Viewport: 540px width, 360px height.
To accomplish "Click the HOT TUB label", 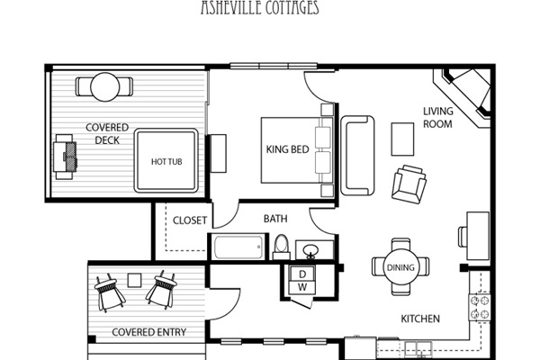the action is tap(166, 162).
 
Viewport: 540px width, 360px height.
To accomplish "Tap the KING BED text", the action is tap(288, 149).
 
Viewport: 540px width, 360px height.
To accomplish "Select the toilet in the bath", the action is tap(282, 247).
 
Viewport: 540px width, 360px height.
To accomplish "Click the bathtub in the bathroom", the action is tap(238, 247).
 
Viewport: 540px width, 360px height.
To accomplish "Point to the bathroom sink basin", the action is tap(311, 249).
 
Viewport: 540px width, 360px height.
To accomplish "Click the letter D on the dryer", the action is tap(302, 274).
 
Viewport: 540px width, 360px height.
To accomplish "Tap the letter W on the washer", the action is tap(302, 287).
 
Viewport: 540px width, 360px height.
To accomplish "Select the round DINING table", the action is tap(400, 267).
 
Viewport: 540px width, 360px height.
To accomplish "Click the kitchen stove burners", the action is tap(480, 307).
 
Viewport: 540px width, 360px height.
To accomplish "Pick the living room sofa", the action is tap(357, 156).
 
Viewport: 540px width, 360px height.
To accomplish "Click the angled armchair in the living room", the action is tap(409, 184).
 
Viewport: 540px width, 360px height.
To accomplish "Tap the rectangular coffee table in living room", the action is tap(402, 139).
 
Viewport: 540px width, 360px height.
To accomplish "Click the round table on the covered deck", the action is tap(105, 87).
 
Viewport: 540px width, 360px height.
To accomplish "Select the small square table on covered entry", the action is tap(134, 281).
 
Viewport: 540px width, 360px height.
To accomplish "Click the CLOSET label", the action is tap(190, 220).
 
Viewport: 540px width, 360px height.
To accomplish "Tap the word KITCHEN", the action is tap(420, 319).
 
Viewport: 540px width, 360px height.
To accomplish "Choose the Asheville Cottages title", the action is tap(260, 7).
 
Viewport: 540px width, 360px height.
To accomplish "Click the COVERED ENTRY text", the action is tap(149, 332).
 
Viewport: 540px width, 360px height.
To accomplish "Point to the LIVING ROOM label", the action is tap(437, 118).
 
